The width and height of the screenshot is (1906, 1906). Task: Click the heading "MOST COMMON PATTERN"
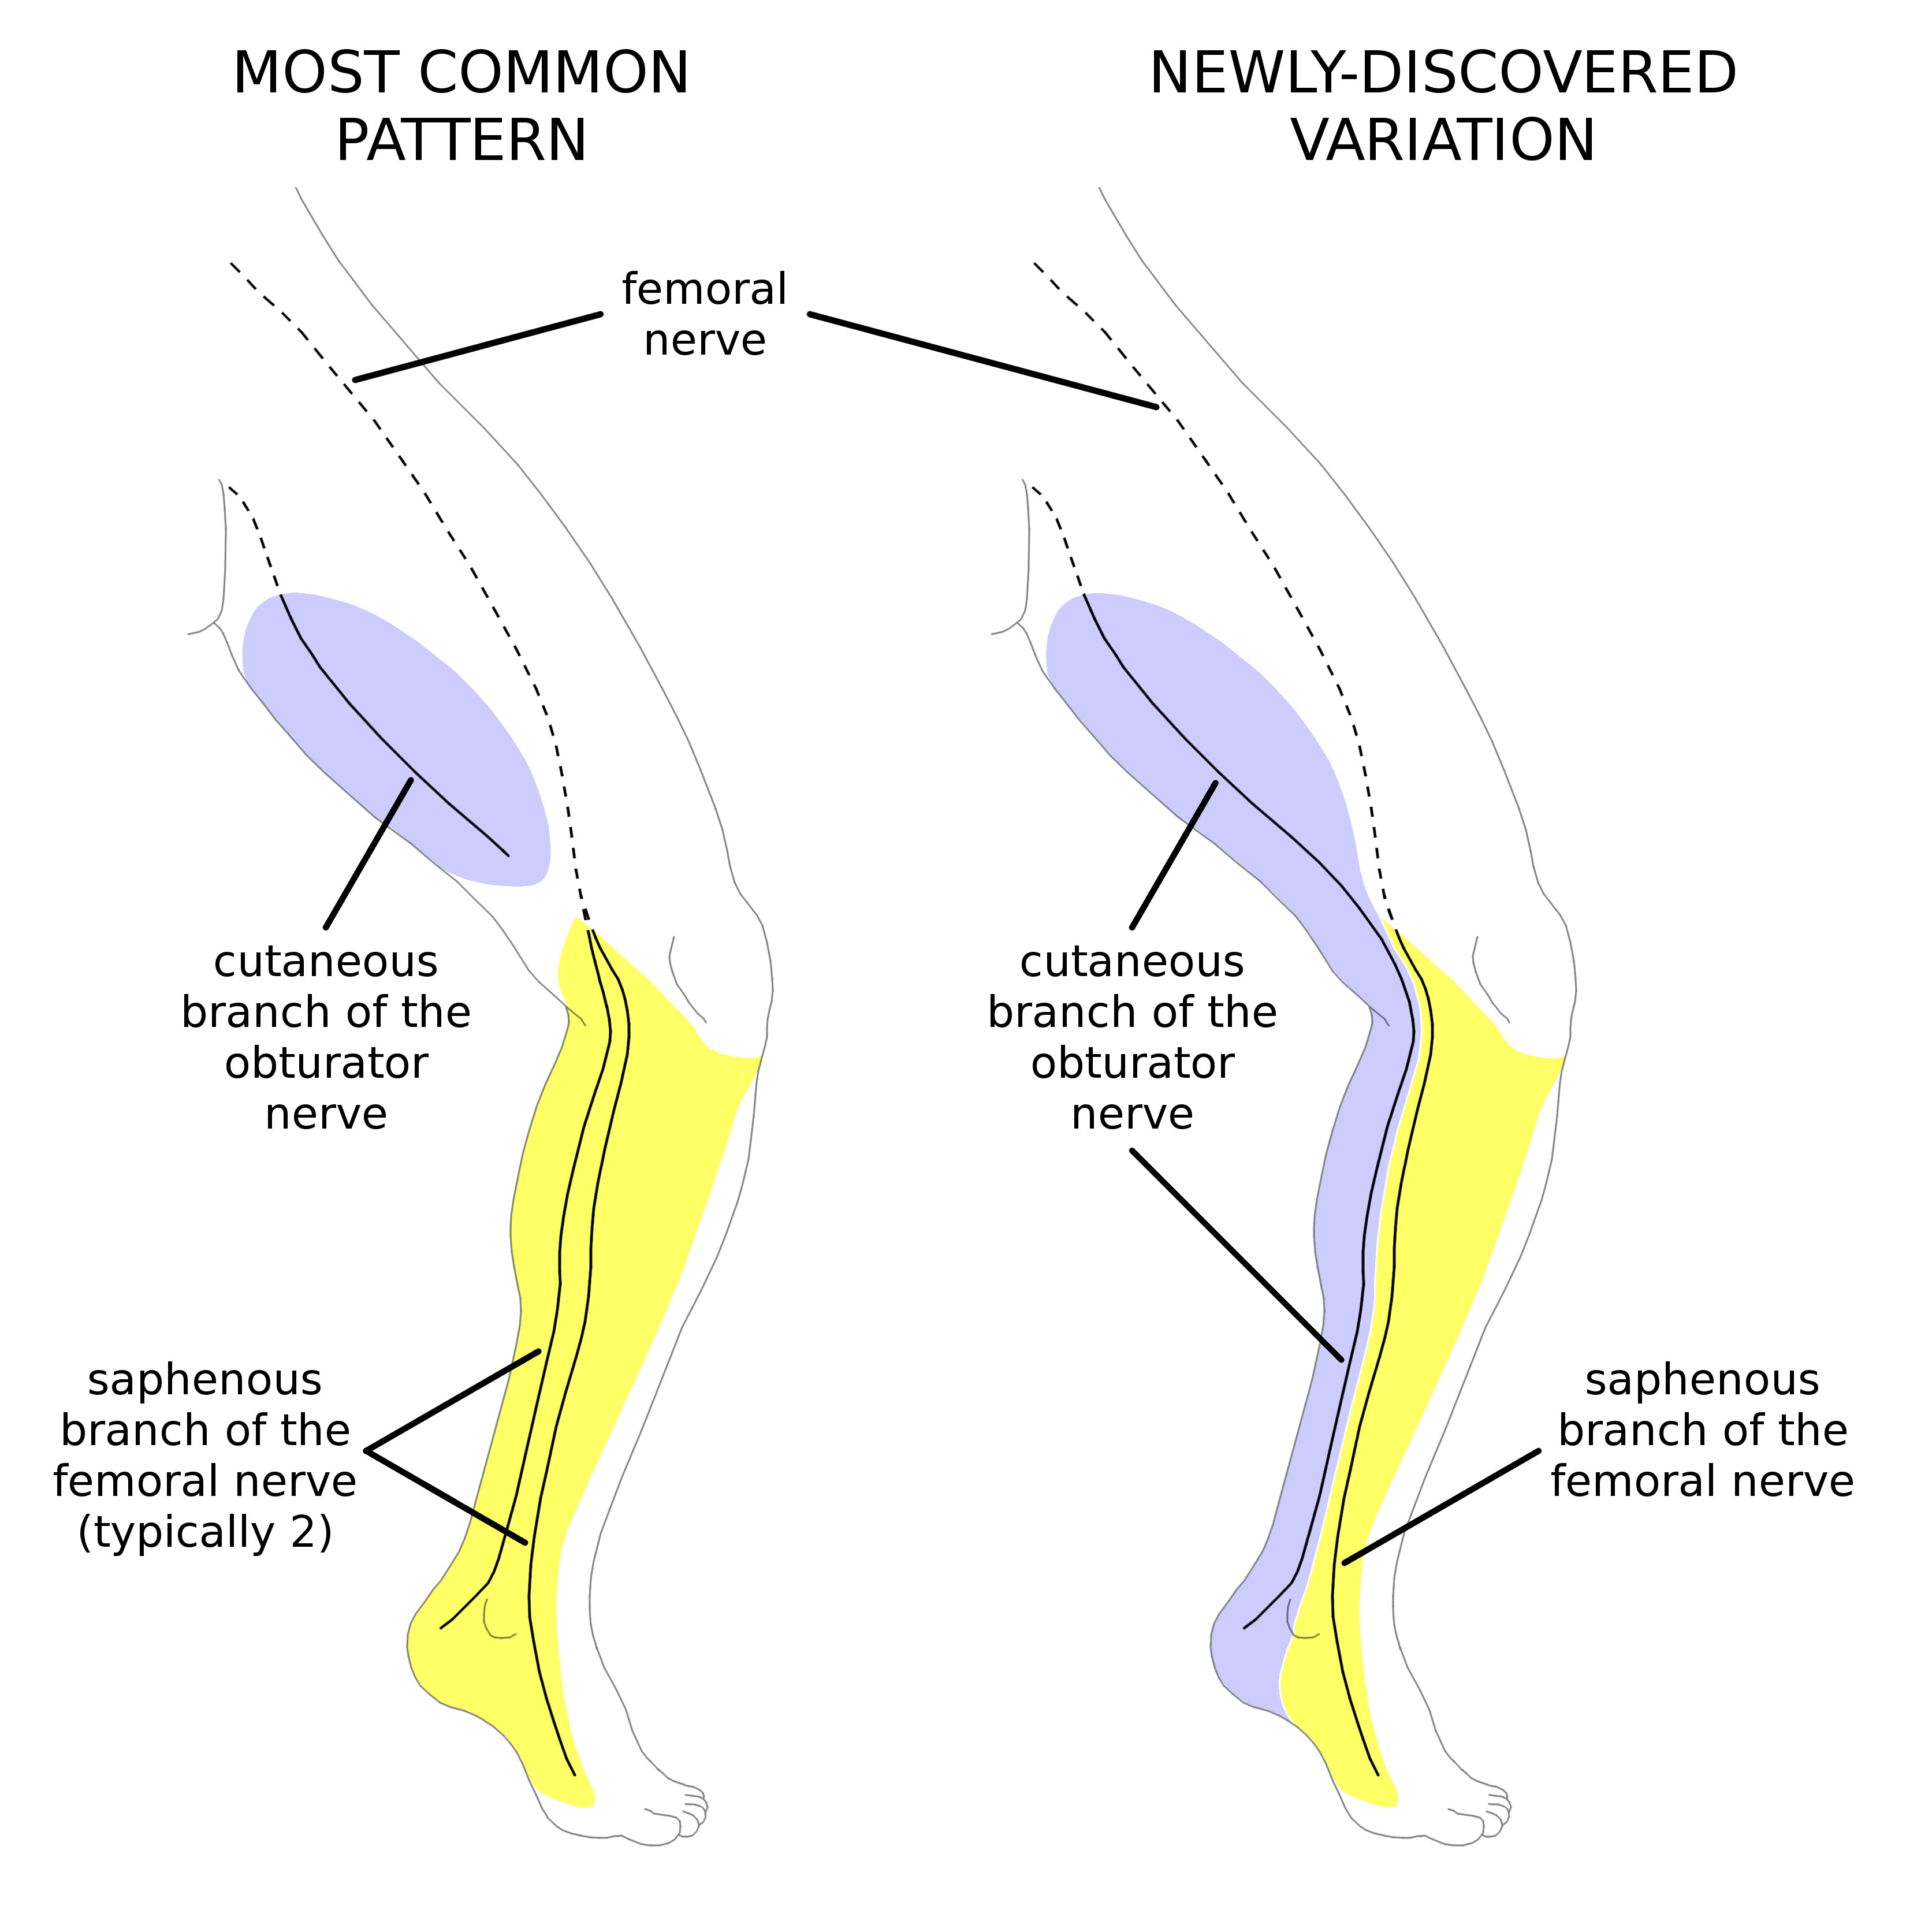coord(461,106)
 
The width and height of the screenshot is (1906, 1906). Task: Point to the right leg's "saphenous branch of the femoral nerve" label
coord(1701,1431)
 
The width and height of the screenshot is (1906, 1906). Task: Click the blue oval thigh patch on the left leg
coord(394,730)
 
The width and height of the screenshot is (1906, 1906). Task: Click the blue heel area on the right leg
coord(1245,1667)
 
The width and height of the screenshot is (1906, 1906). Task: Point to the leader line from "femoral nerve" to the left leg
coord(478,347)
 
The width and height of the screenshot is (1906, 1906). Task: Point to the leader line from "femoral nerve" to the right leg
coord(982,360)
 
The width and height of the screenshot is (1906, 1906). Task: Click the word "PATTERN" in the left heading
coord(461,140)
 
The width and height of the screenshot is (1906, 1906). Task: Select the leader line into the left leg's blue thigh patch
coord(368,853)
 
